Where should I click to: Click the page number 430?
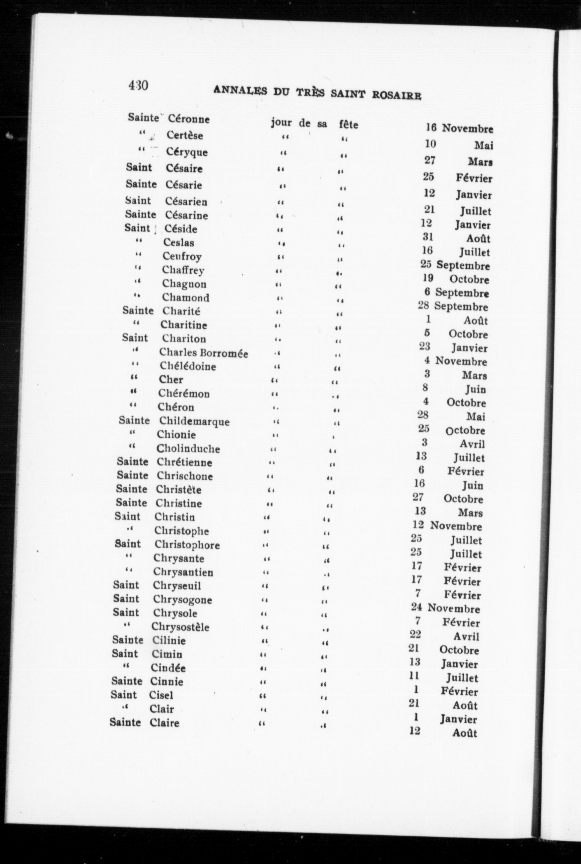[138, 85]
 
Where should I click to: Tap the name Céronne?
[189, 119]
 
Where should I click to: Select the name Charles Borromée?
[203, 353]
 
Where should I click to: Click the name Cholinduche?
[188, 449]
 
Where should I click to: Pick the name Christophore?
[187, 545]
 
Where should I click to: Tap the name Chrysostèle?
[180, 627]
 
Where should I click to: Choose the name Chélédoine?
[188, 366]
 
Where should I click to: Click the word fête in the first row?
[348, 125]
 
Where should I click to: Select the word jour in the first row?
[281, 123]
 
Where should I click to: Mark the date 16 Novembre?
[459, 129]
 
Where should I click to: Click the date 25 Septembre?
[455, 265]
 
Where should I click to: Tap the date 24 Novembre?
[445, 609]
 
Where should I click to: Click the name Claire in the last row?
[164, 723]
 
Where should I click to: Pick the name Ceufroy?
[182, 256]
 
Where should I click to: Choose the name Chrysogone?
[182, 599]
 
